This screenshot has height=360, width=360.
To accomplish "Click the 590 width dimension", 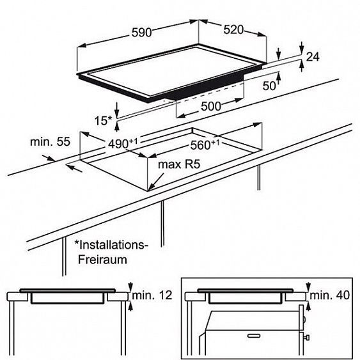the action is point(142,33).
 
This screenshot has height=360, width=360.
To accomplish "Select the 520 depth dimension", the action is point(233,30).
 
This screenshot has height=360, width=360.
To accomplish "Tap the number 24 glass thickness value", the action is point(313,57).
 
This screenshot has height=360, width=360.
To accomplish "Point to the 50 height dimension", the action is point(269,86).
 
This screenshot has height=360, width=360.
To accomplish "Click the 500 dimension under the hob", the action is point(211,106).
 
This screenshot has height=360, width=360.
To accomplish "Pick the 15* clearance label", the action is point(103,121).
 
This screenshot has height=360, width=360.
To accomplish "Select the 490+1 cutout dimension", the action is point(123,143).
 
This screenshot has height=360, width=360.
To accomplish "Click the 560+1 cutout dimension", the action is point(205,145).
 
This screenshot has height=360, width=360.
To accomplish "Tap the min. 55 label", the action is point(50,142).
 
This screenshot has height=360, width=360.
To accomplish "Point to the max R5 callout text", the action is point(179,164).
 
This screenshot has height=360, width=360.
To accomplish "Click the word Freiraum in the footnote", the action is point(102,260).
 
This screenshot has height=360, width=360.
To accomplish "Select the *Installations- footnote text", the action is point(111,245).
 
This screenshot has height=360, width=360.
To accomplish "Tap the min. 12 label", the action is point(152,295).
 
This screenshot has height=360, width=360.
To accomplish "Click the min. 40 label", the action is point(330,295).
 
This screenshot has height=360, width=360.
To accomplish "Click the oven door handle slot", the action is point(254,336).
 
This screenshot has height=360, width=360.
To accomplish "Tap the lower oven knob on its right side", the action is point(307,338).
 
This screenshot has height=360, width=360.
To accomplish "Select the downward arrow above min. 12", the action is point(130,287).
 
